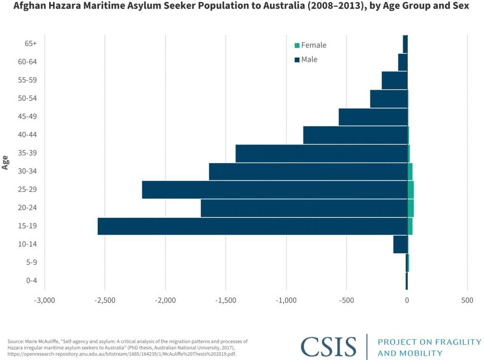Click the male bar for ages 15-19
point(252,226)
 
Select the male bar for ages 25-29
point(275,189)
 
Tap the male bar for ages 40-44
point(355,135)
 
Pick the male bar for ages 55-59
point(394,80)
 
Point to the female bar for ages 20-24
point(410,208)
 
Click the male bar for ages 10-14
point(400,244)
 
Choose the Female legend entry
point(310,45)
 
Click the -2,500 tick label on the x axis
point(104,300)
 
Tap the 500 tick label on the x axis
point(467,300)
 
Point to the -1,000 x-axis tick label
point(286,300)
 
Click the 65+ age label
point(31,43)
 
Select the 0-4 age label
point(32,281)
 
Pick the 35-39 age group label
point(28,153)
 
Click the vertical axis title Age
point(5,162)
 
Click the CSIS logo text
point(328,347)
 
